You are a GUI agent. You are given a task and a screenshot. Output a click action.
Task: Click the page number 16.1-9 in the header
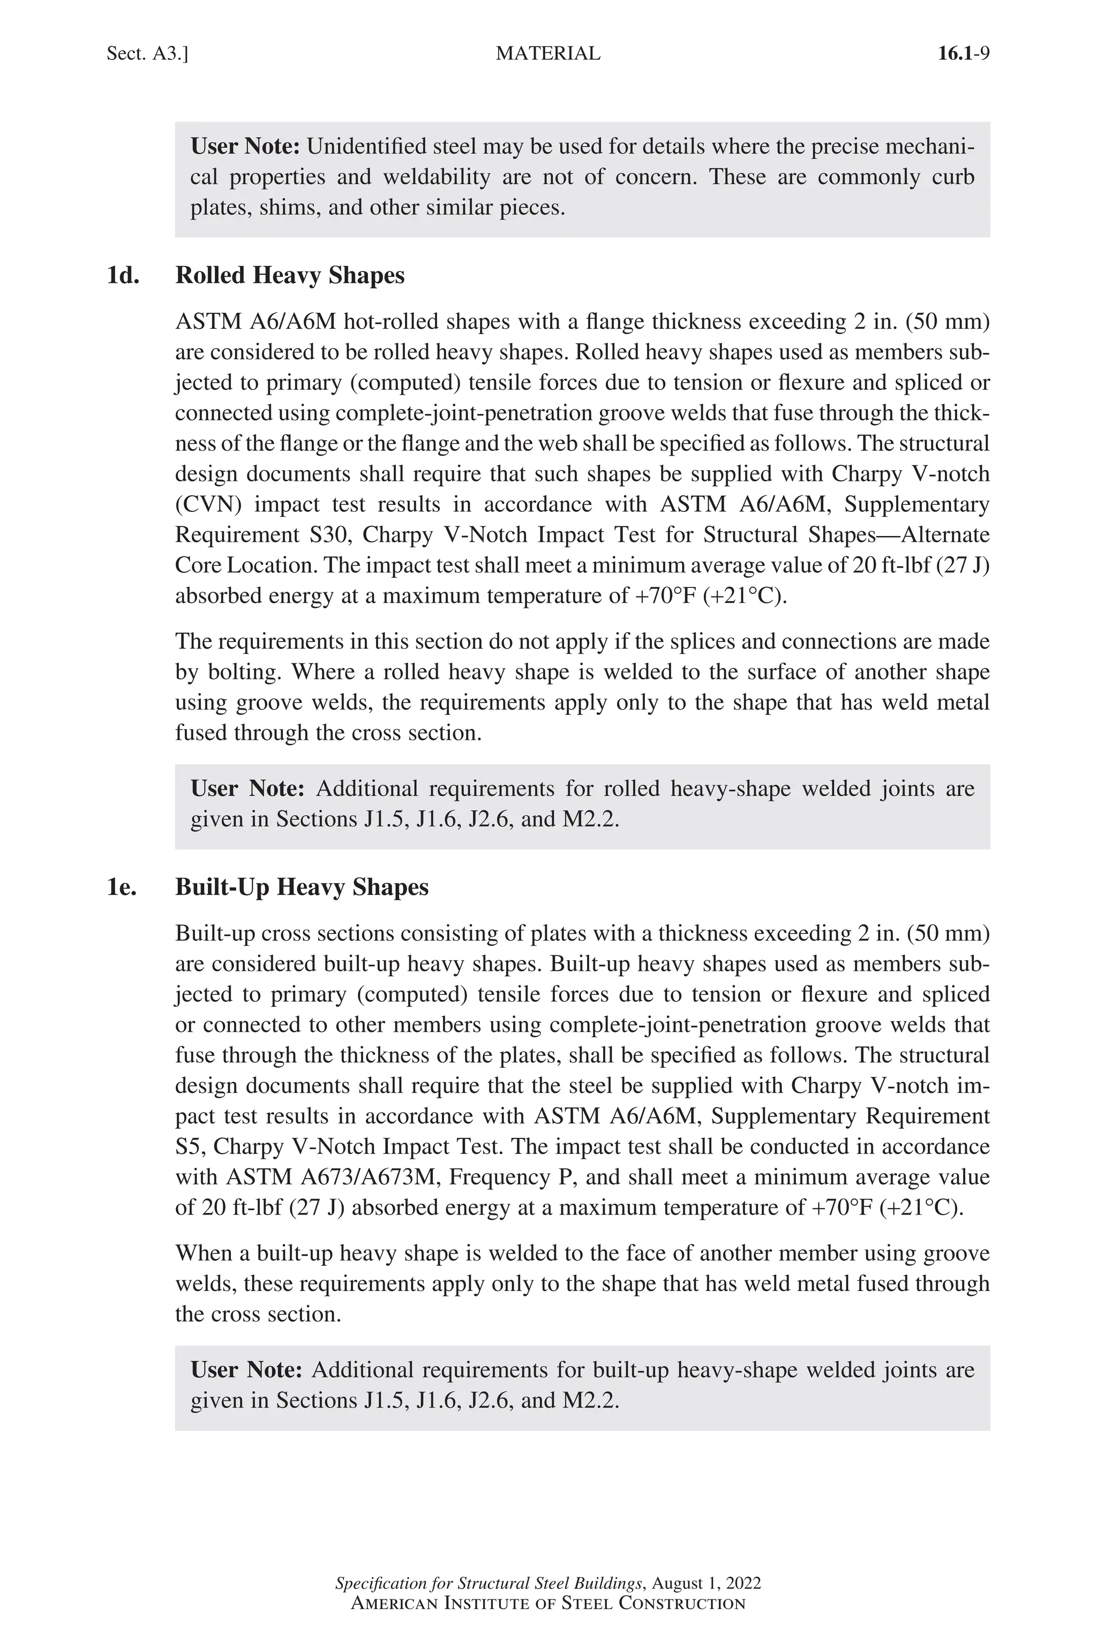coord(964,54)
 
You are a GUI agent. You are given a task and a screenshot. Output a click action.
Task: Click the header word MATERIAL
coord(548,54)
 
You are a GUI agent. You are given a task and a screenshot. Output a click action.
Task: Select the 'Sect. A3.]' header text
coord(147,54)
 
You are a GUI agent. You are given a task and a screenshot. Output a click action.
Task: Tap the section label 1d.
coord(123,276)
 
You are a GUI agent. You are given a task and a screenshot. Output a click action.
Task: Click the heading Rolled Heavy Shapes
coord(290,276)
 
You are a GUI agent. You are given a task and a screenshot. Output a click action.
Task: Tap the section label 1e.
coord(122,887)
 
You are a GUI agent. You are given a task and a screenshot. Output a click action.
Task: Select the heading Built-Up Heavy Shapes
coord(302,887)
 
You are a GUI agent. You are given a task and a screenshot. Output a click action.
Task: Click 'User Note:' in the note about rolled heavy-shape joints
coord(247,789)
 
